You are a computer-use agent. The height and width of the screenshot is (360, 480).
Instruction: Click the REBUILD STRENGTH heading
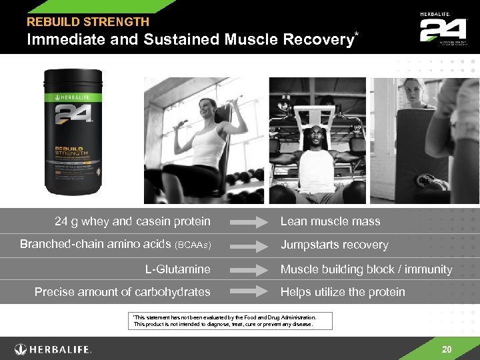point(87,22)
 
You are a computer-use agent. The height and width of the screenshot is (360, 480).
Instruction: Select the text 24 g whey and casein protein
point(132,221)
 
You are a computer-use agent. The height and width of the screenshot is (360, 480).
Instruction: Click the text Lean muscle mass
point(330,221)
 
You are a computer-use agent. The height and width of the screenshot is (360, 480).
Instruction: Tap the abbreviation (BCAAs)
point(193,245)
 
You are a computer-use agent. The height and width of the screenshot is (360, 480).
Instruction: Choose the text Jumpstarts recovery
point(334,245)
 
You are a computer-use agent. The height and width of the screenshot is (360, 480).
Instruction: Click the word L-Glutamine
point(177,269)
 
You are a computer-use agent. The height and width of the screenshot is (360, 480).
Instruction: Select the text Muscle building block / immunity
point(366,269)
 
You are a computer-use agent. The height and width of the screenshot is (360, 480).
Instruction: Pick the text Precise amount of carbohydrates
point(122,292)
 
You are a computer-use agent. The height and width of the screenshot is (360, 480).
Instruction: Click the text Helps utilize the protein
point(343,292)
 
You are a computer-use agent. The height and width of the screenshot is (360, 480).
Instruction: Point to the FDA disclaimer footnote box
point(222,321)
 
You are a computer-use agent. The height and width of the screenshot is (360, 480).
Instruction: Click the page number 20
point(447,349)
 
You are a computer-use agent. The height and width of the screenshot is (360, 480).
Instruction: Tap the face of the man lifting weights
point(315,138)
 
